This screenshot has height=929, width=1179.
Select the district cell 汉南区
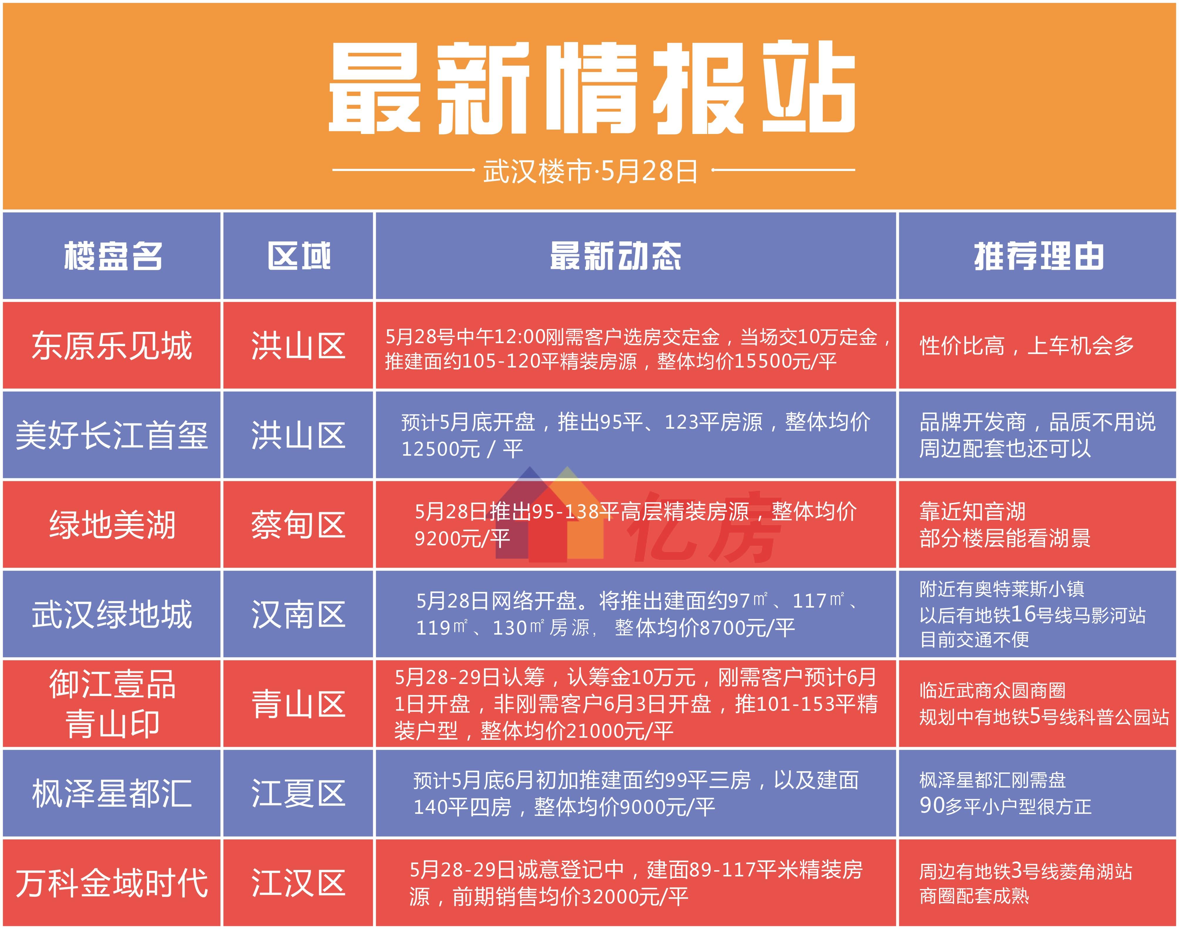(298, 615)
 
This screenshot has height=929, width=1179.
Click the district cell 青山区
(298, 704)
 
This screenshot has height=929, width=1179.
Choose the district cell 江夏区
(298, 794)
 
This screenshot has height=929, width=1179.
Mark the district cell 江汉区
(298, 883)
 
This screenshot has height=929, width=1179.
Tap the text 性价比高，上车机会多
(1026, 346)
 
